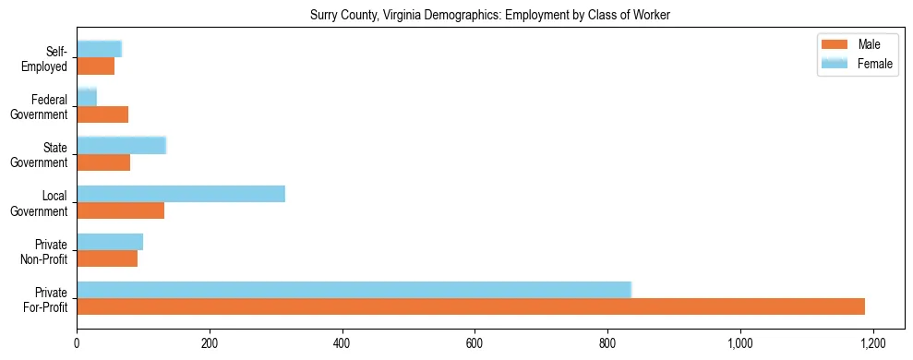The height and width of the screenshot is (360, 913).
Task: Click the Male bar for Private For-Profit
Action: tap(471, 306)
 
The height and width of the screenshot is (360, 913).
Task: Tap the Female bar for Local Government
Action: tap(181, 194)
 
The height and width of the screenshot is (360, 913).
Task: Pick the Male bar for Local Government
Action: tap(120, 210)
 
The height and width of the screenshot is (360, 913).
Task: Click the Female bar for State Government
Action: tap(121, 146)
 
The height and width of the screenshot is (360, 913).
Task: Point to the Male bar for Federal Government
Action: tap(102, 114)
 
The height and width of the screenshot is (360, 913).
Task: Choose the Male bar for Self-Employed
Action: tap(95, 66)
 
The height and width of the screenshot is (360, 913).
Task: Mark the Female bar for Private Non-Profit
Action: tap(110, 242)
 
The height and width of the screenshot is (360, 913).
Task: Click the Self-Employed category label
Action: tap(49, 58)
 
